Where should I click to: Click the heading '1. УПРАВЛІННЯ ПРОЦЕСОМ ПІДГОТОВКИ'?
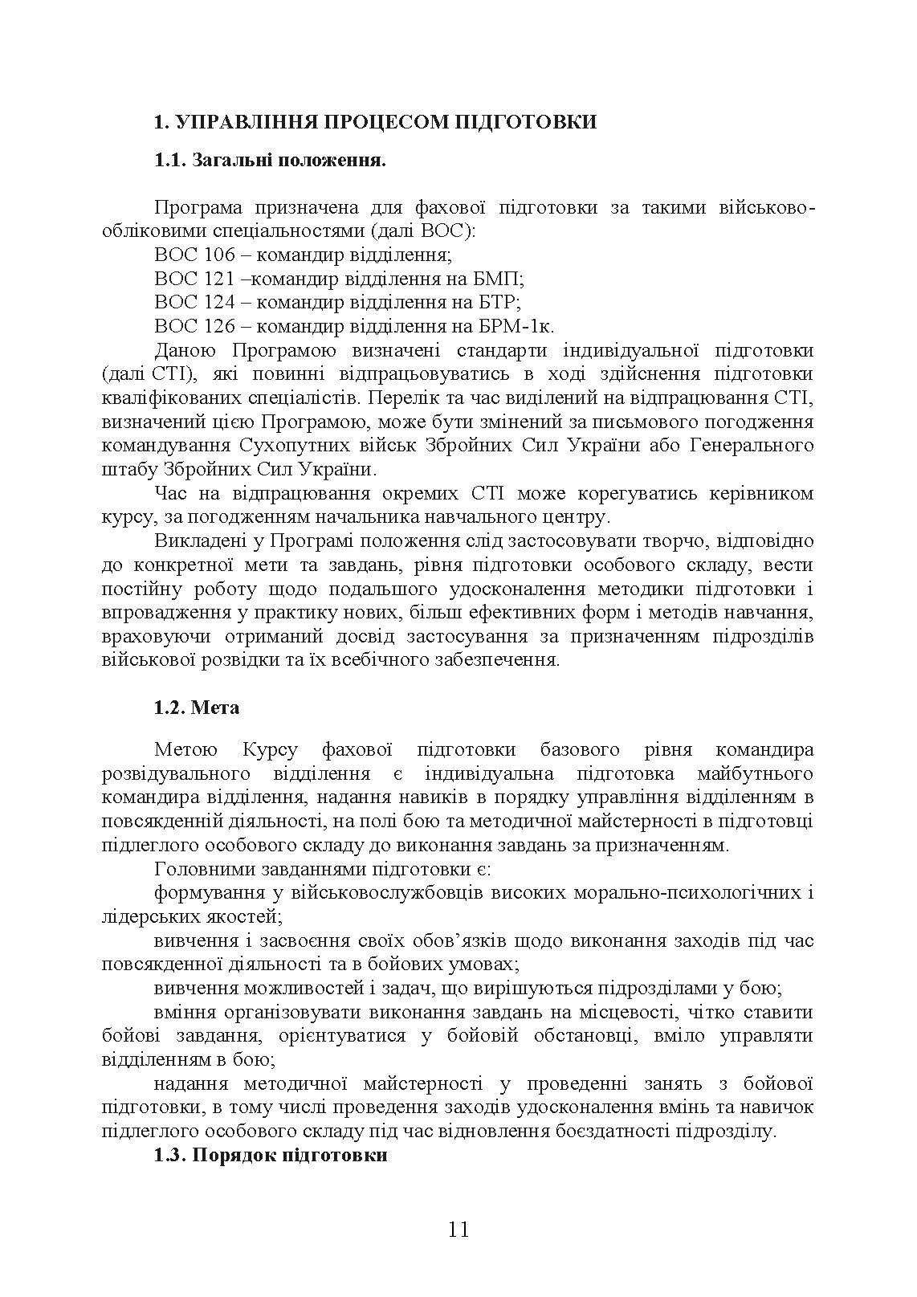[375, 122]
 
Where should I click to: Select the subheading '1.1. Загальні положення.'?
[271, 161]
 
